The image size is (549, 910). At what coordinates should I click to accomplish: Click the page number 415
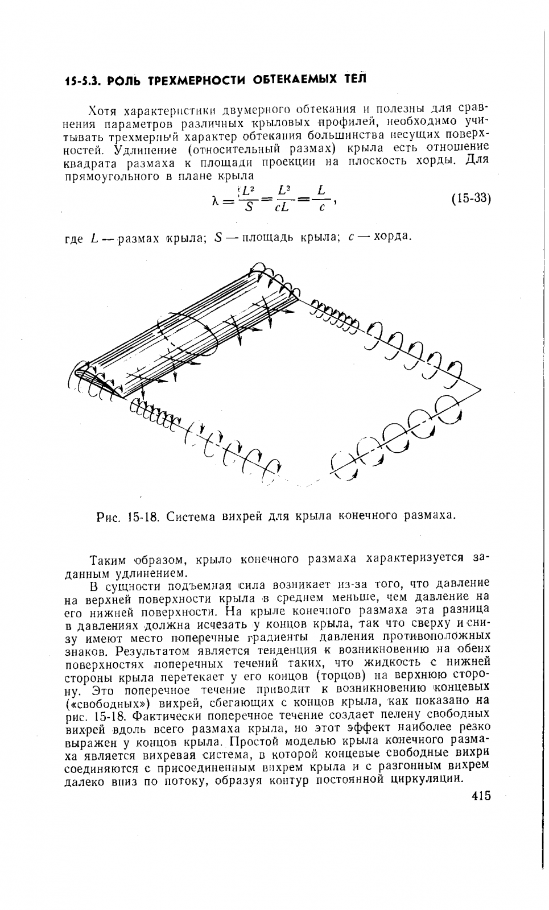point(481,796)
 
